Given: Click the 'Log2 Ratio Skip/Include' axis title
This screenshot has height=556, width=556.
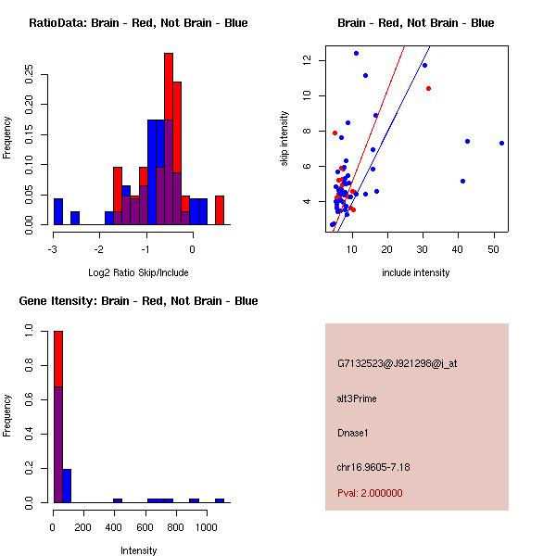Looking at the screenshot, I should pos(138,272).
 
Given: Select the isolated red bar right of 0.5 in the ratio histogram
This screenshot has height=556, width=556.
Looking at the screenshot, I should pos(220,209).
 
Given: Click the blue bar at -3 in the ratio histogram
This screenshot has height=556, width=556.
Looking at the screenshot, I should pos(58,211).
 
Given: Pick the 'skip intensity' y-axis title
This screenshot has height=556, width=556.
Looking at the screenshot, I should pos(284,139).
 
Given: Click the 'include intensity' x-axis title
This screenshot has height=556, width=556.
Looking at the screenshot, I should pos(416,272).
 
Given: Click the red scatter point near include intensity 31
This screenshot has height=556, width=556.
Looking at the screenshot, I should pos(428,89).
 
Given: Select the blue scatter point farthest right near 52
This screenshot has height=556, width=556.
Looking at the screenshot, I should pos(501,143).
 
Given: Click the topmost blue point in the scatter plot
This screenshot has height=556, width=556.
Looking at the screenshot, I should pos(356,53).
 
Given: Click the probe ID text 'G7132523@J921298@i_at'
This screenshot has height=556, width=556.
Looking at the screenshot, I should pos(397,363).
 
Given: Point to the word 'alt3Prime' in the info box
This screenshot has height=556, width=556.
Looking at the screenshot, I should pos(357,398).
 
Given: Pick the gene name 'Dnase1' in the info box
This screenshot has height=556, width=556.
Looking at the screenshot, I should pos(352,433).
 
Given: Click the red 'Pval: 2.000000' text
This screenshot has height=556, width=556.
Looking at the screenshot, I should pos(370,493).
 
